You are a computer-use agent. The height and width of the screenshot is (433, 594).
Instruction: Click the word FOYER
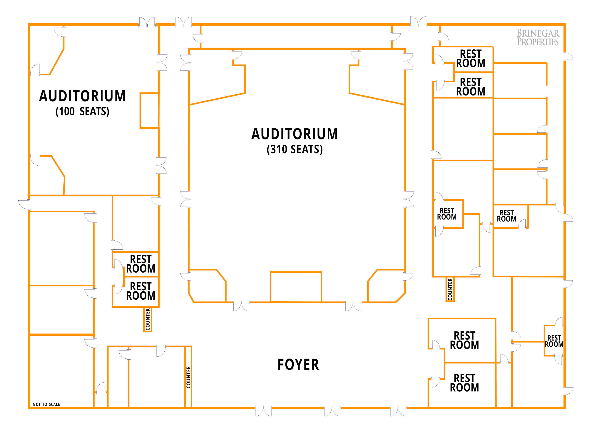click(298, 365)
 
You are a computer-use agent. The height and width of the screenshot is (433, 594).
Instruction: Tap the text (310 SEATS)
click(295, 149)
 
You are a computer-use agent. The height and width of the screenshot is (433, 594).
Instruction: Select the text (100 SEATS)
click(82, 111)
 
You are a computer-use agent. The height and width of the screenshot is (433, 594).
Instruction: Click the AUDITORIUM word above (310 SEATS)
click(295, 134)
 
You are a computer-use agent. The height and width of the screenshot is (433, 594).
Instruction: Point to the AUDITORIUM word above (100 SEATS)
click(82, 96)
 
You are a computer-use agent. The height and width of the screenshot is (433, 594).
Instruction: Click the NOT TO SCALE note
click(46, 404)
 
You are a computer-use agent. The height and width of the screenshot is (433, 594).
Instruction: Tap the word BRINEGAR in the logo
click(538, 33)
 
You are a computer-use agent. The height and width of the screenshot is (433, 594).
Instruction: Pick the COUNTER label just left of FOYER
click(188, 377)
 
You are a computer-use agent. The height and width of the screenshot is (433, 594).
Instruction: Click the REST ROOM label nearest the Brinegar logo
click(471, 58)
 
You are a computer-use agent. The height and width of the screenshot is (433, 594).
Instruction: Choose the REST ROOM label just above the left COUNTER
click(141, 291)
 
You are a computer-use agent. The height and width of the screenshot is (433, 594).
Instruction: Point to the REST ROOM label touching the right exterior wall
click(554, 341)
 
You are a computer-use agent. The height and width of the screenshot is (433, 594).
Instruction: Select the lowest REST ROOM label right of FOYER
click(464, 383)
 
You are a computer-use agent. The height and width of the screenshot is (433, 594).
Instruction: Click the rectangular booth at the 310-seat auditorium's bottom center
click(296, 287)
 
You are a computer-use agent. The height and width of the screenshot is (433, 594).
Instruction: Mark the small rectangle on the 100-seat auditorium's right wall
click(149, 110)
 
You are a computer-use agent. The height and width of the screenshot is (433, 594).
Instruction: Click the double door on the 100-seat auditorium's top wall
click(147, 23)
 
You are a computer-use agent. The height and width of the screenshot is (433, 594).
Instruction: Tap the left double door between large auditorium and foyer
click(241, 306)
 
